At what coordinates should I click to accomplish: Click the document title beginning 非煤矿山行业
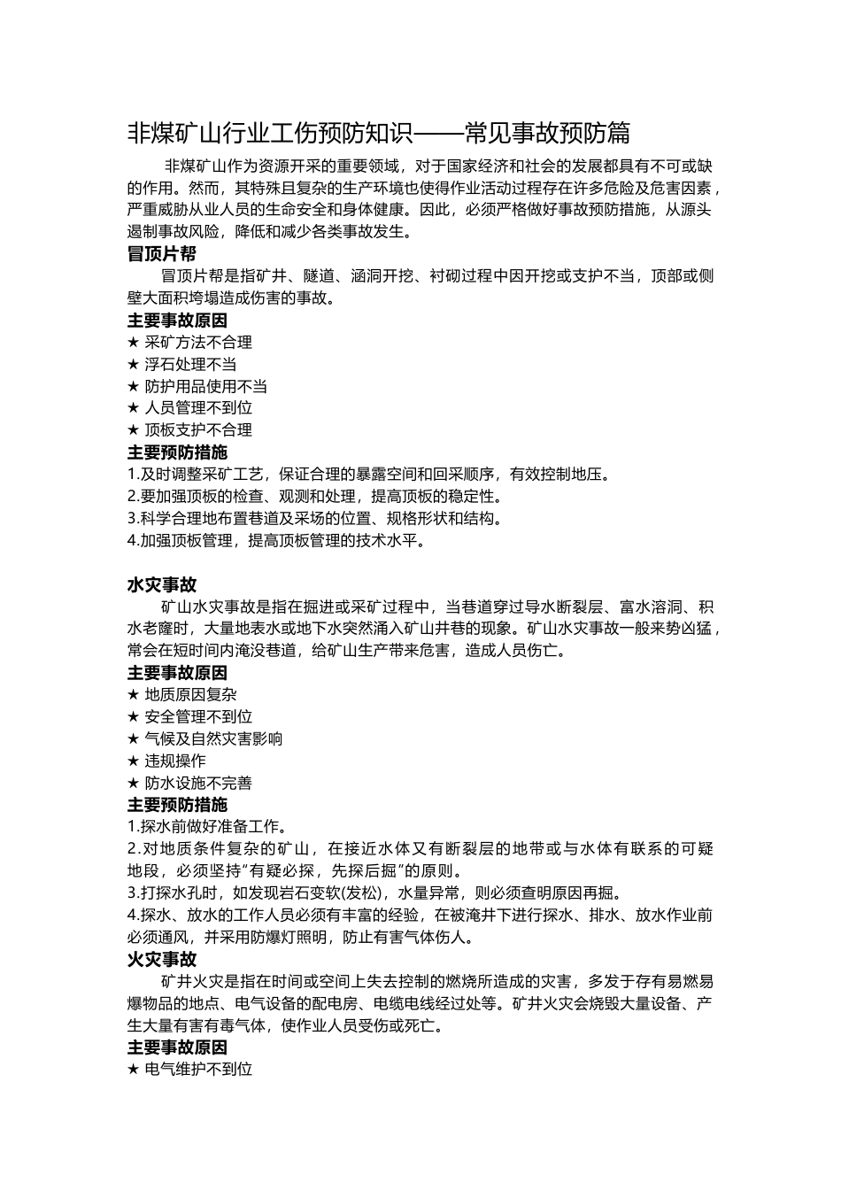pyautogui.click(x=379, y=134)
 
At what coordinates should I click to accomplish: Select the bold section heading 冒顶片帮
pyautogui.click(x=162, y=254)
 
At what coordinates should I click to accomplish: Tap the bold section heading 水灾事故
pyautogui.click(x=162, y=585)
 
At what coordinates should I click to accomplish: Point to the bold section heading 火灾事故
pyautogui.click(x=162, y=960)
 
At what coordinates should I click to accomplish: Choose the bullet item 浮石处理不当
pyautogui.click(x=190, y=365)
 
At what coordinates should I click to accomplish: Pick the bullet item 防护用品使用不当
pyautogui.click(x=205, y=387)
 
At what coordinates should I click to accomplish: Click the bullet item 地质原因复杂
pyautogui.click(x=190, y=695)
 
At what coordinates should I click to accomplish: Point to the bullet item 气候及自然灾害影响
pyautogui.click(x=213, y=739)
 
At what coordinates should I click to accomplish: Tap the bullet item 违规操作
pyautogui.click(x=175, y=761)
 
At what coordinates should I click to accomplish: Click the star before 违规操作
pyautogui.click(x=134, y=761)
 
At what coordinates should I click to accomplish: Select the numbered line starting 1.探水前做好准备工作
pyautogui.click(x=207, y=827)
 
